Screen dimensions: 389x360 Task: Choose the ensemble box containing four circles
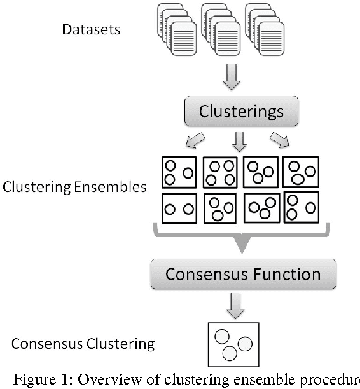tap(220, 172)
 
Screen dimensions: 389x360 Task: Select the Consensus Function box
tap(242, 275)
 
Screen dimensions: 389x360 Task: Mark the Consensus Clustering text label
tap(83, 345)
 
